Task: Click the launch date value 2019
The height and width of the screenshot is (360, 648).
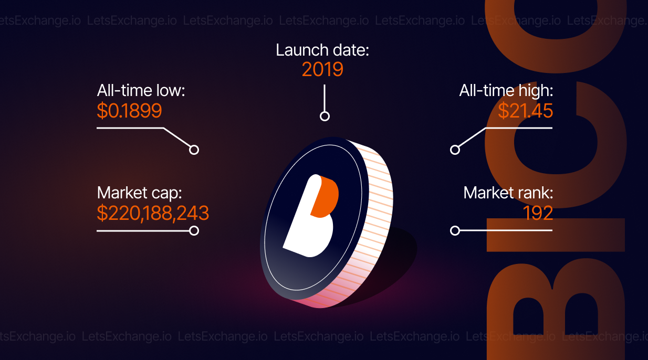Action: pyautogui.click(x=322, y=69)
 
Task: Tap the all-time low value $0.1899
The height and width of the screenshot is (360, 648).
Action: pyautogui.click(x=129, y=111)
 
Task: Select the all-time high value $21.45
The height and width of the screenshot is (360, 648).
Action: pyautogui.click(x=525, y=111)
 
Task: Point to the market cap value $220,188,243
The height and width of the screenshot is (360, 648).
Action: pyautogui.click(x=153, y=214)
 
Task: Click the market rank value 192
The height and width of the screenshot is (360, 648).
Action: pyautogui.click(x=538, y=214)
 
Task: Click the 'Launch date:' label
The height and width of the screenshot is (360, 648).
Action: pyautogui.click(x=322, y=50)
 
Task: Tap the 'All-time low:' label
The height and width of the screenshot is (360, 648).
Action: pyautogui.click(x=141, y=90)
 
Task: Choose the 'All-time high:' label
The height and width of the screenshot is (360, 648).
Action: pyautogui.click(x=506, y=90)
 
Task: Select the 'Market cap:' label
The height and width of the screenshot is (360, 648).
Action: pyautogui.click(x=140, y=193)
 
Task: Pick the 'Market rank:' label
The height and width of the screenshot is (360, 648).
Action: pyautogui.click(x=508, y=193)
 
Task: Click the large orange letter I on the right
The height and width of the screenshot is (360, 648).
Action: pyautogui.click(x=556, y=235)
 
